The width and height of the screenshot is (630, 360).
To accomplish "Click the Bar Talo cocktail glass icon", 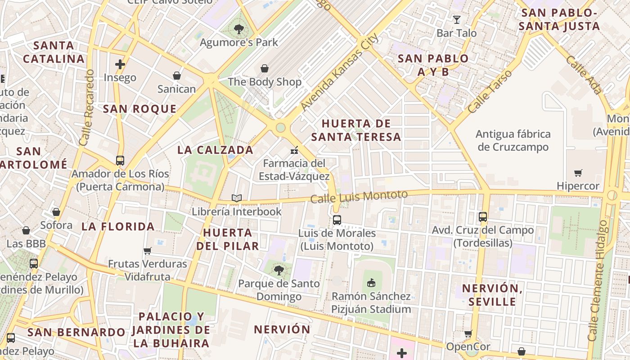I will [x=457, y=19].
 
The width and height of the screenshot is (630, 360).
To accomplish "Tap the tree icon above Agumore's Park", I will [x=239, y=30].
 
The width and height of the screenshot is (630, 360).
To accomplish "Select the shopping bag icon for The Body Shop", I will [x=265, y=68].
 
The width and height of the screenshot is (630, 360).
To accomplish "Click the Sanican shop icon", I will [x=177, y=76].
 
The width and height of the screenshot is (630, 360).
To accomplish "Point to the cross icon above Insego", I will [x=120, y=64].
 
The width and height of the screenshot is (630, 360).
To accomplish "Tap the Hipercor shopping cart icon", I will [x=578, y=173].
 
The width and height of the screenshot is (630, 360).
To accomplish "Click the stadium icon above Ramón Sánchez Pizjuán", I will [x=371, y=283].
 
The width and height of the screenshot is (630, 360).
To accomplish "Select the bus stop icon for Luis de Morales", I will [x=337, y=220].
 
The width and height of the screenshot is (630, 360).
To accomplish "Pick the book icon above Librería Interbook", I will [x=237, y=198].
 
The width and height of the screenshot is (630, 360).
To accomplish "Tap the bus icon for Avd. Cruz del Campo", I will [x=483, y=216].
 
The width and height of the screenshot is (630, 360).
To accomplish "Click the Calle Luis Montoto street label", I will [x=359, y=196].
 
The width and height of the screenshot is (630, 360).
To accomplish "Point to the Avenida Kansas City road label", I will [x=340, y=72].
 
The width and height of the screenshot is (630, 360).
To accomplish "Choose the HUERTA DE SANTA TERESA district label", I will [x=356, y=130].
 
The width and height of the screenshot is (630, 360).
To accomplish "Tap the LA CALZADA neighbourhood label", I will [x=216, y=150].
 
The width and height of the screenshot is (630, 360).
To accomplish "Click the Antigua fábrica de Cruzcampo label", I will [x=513, y=140].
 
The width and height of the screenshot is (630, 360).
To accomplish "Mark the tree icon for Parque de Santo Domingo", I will [x=279, y=270].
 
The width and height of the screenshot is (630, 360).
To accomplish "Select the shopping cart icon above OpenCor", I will [x=468, y=333].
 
